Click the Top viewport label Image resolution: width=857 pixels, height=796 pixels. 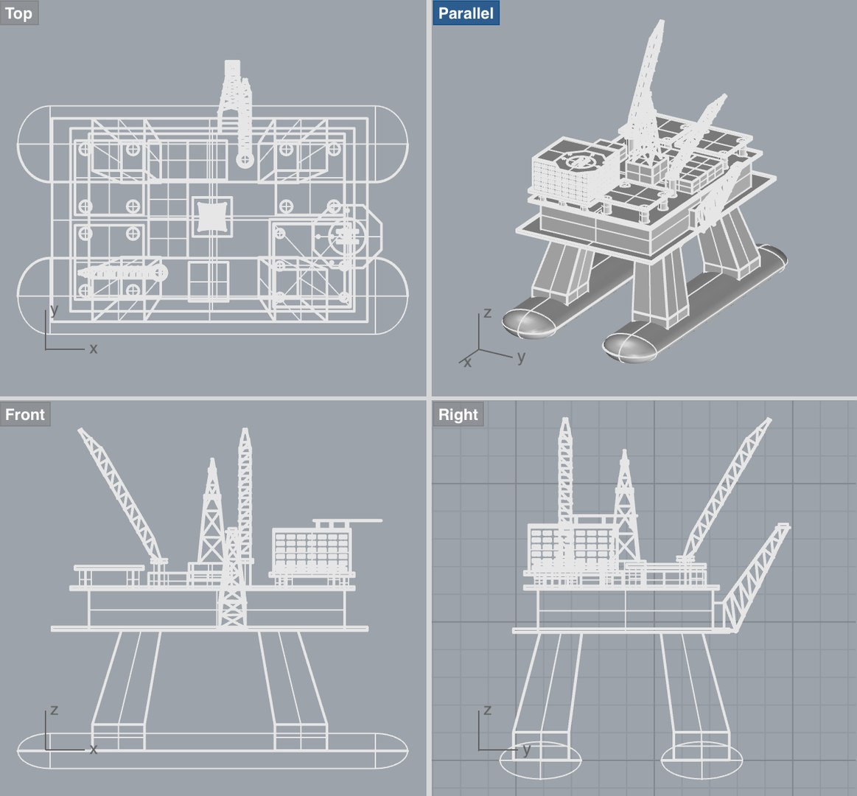pyautogui.click(x=18, y=13)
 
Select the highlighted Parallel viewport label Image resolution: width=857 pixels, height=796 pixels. pyautogui.click(x=466, y=13)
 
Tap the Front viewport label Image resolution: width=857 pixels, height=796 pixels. pyautogui.click(x=25, y=414)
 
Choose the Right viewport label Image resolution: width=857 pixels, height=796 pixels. pyautogui.click(x=458, y=414)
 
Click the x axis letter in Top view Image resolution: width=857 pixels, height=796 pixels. pyautogui.click(x=93, y=349)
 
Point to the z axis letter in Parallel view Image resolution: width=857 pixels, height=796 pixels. pyautogui.click(x=486, y=313)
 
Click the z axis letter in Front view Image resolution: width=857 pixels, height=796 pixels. pyautogui.click(x=53, y=711)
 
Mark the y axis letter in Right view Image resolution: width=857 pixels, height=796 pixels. pyautogui.click(x=526, y=750)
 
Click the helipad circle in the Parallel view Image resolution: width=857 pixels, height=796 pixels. pyautogui.click(x=577, y=160)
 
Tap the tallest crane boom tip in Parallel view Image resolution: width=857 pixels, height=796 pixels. pyautogui.click(x=659, y=24)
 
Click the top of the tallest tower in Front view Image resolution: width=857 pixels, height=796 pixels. pyautogui.click(x=245, y=430)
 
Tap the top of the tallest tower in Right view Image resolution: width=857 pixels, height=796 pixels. pyautogui.click(x=565, y=421)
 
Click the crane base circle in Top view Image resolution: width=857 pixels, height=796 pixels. pyautogui.click(x=243, y=158)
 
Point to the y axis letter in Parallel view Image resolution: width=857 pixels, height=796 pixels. pyautogui.click(x=521, y=357)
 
